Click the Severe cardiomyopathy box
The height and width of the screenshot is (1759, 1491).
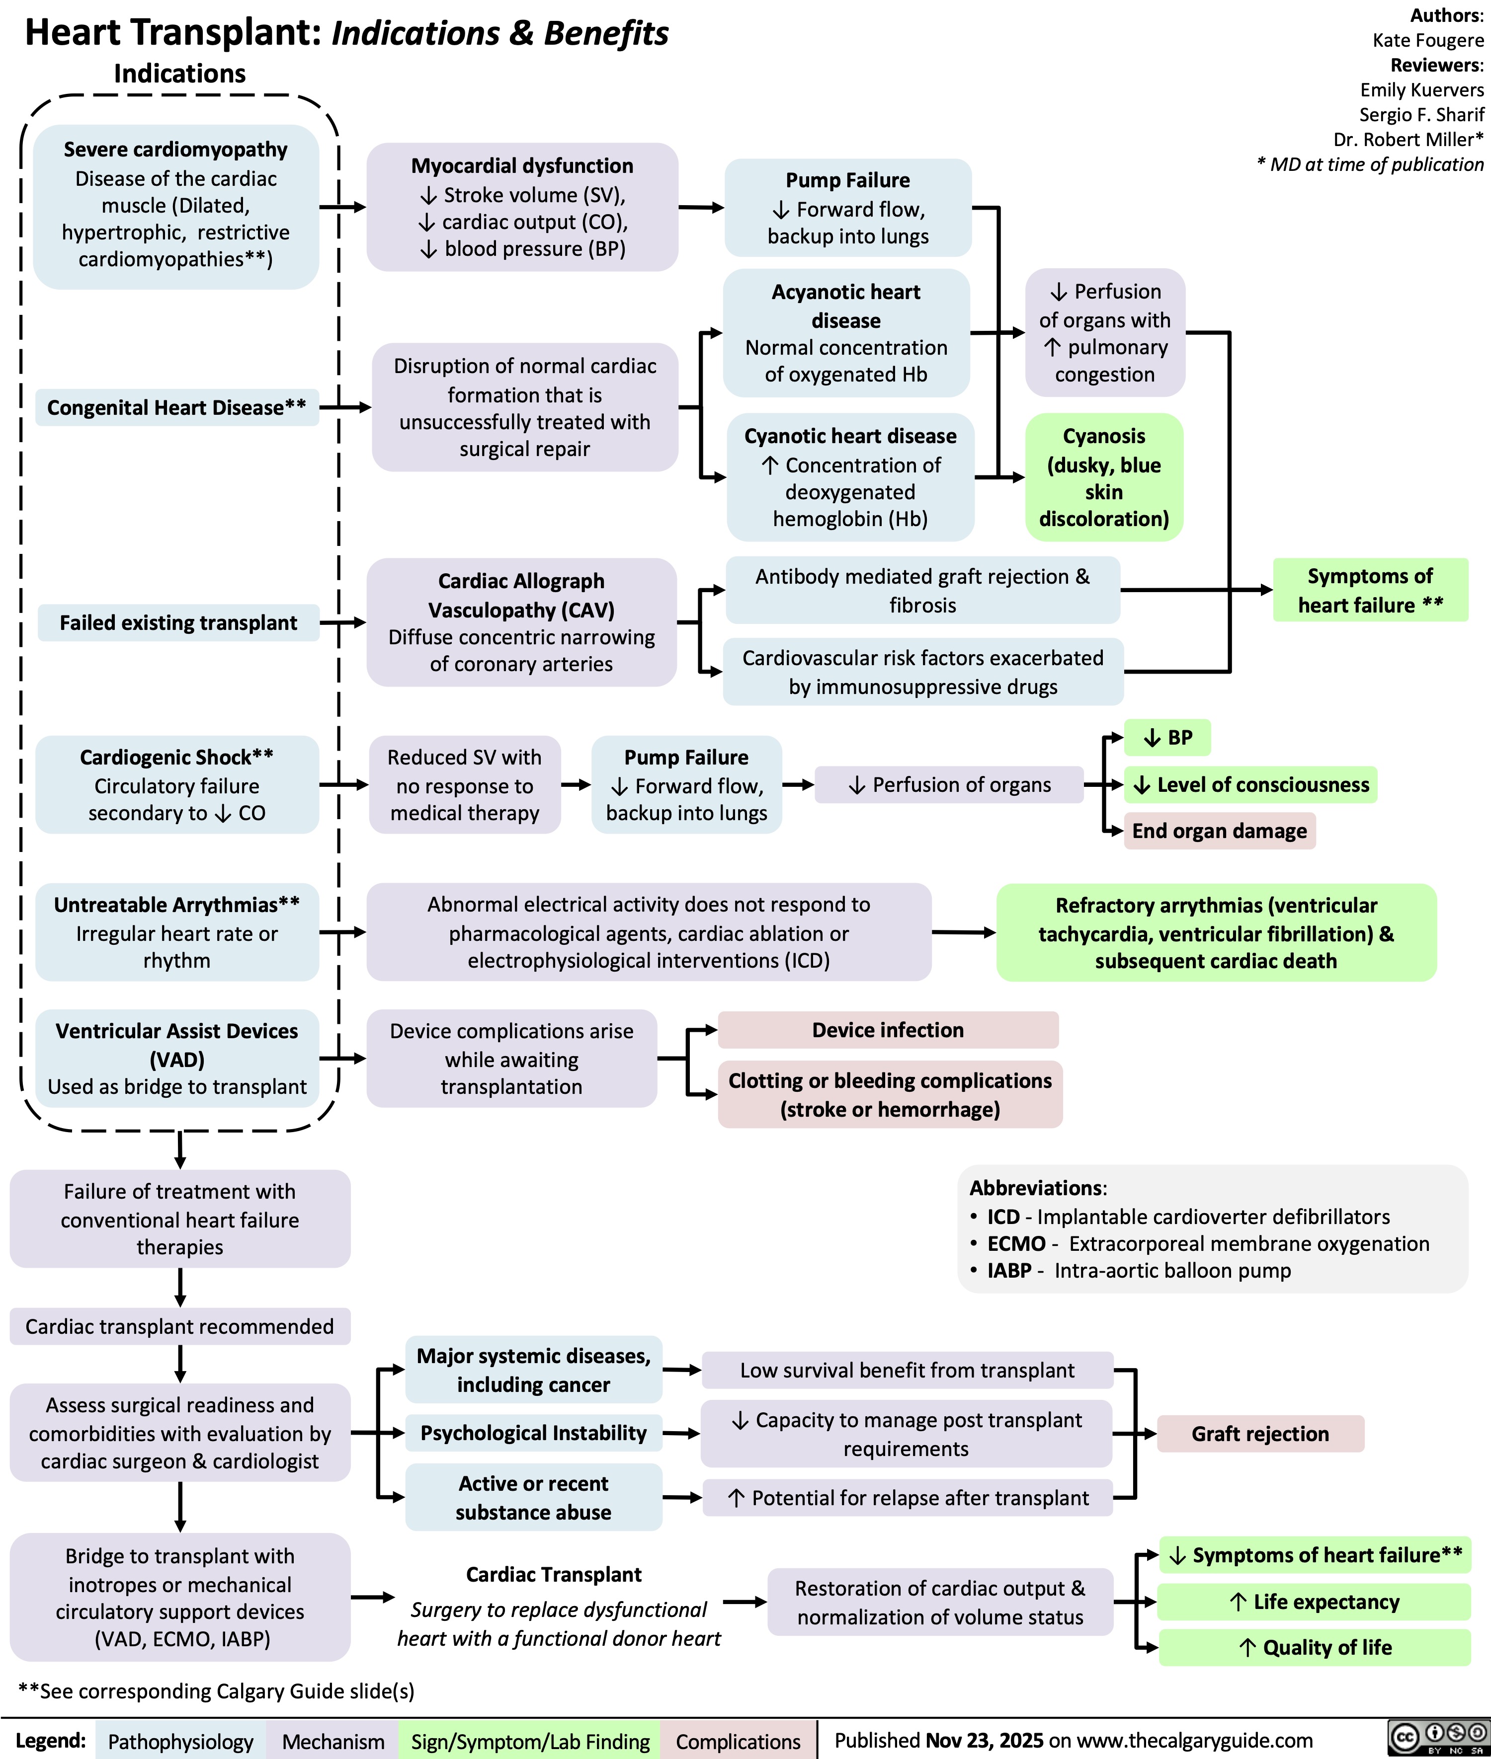(x=176, y=205)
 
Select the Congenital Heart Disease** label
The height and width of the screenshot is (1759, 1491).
(x=176, y=408)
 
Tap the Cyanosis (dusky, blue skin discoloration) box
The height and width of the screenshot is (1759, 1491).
(x=1104, y=477)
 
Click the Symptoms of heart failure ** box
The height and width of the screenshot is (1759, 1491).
(x=1370, y=591)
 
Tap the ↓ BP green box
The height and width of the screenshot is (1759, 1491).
(x=1167, y=738)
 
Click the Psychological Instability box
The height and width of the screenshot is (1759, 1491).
(x=533, y=1433)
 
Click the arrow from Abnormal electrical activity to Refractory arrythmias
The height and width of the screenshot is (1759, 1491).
(x=964, y=933)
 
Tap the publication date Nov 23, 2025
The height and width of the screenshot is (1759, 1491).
(x=984, y=1741)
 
